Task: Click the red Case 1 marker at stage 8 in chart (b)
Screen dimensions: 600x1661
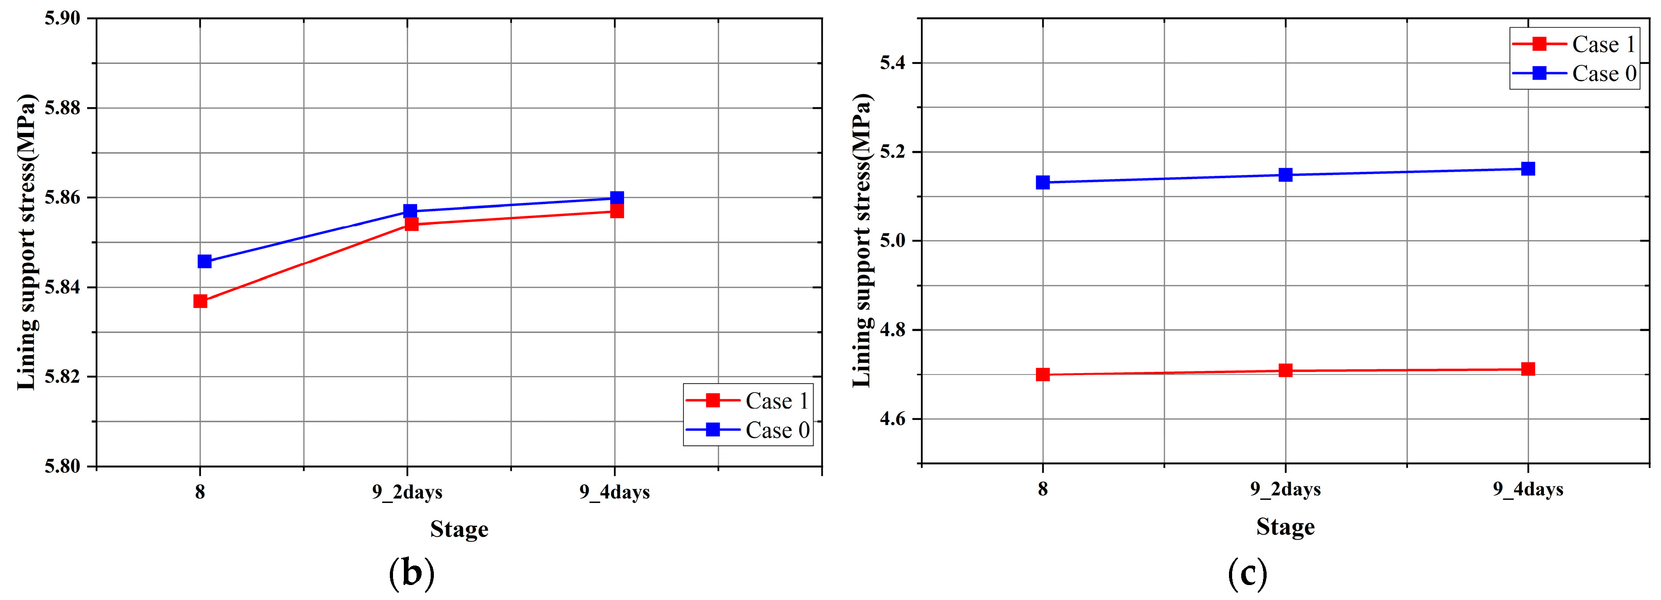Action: tap(200, 301)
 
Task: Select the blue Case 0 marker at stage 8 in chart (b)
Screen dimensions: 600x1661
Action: tap(204, 261)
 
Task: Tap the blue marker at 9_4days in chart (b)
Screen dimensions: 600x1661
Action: tap(616, 198)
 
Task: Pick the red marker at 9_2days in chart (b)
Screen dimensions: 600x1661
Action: tap(411, 224)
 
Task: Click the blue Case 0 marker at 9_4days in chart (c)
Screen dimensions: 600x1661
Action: tap(1528, 169)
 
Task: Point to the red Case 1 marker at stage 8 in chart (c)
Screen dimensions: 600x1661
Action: tap(1042, 375)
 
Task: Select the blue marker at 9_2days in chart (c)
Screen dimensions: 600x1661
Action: tap(1285, 175)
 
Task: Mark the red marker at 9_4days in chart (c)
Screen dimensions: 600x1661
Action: tap(1528, 369)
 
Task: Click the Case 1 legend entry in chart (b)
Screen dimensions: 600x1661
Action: tap(748, 401)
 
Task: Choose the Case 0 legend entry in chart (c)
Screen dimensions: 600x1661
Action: tap(1575, 73)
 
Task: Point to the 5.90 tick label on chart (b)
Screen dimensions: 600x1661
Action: tap(63, 18)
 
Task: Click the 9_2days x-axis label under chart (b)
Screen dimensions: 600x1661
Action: tap(407, 493)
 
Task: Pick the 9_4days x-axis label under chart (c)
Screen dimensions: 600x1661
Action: tap(1528, 490)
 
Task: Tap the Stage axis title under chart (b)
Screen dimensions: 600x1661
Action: tap(459, 529)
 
